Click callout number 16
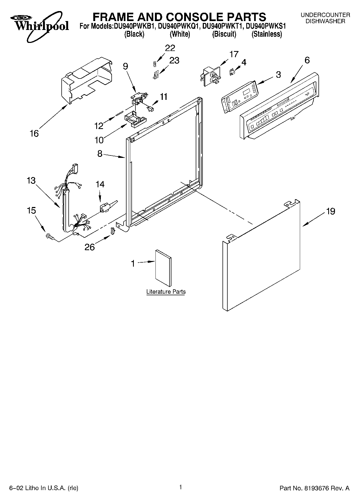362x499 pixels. (34, 133)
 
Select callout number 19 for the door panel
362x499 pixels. (331, 211)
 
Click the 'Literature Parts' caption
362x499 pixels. (166, 292)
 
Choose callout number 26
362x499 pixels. (90, 247)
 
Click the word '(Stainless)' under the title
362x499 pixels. (267, 34)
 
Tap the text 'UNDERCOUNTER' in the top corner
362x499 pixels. (325, 15)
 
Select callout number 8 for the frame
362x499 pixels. (100, 154)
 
